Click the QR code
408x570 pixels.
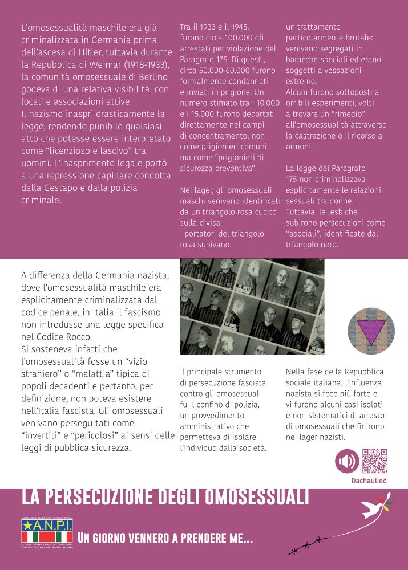point(374,461)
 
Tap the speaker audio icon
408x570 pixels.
point(347,461)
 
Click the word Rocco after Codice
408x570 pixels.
point(74,336)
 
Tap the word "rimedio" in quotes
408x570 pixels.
point(344,113)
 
